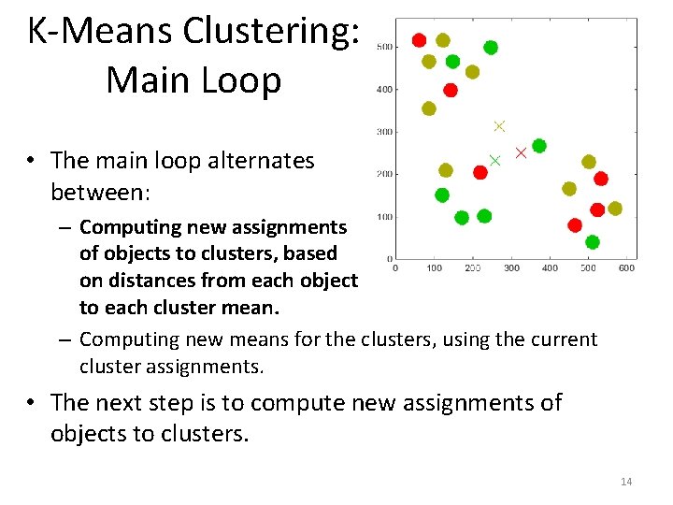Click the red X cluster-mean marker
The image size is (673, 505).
tap(522, 152)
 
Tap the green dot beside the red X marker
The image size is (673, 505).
tap(539, 146)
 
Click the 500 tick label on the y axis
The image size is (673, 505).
tap(384, 48)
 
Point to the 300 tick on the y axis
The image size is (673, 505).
tap(384, 132)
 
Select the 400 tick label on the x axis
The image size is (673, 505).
tap(550, 268)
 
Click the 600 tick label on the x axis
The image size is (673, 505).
tap(626, 268)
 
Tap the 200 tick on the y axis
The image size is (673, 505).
tap(384, 174)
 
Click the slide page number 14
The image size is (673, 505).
tap(625, 482)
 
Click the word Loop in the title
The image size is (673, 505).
tap(239, 79)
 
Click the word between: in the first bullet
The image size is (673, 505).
tap(98, 192)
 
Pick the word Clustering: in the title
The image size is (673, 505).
tap(272, 32)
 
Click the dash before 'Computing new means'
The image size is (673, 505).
tap(68, 339)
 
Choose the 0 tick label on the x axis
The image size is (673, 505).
tap(395, 268)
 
